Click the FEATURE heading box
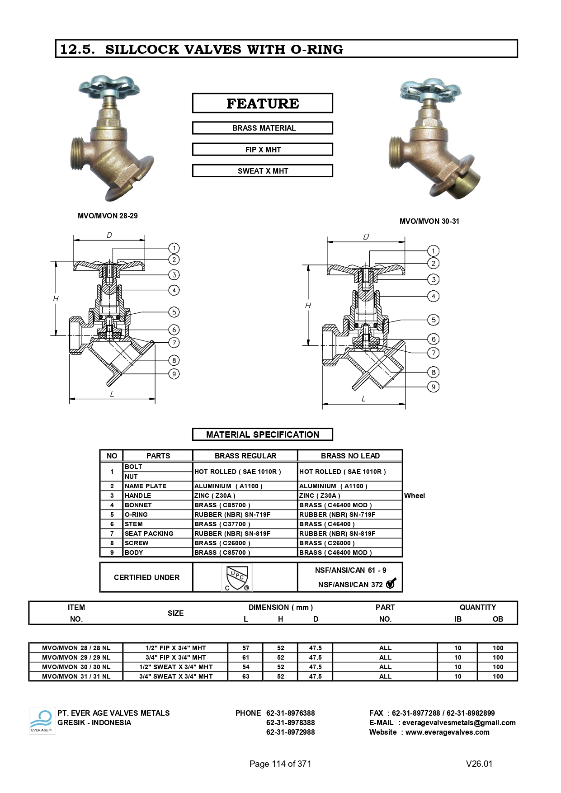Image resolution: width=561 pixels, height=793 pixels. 262,103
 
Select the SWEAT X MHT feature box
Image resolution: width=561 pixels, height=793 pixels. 262,171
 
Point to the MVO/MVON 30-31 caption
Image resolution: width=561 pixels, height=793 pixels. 429,221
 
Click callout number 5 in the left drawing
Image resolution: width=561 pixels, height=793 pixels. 174,312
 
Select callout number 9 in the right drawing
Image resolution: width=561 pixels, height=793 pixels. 433,387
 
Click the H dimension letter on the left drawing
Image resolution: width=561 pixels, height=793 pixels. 56,298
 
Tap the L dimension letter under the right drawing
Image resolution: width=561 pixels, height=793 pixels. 363,399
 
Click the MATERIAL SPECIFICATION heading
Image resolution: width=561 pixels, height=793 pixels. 262,434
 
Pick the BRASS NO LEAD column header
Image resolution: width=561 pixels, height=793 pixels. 350,456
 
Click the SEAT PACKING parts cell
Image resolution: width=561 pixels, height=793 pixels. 149,533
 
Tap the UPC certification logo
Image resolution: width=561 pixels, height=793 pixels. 237,577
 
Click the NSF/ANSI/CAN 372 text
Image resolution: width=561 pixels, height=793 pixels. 350,585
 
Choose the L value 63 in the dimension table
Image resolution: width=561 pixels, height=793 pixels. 245,676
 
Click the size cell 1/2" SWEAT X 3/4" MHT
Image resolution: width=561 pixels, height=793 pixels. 175,667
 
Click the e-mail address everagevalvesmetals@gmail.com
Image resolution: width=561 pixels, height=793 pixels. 458,722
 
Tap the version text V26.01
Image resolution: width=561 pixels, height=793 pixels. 479,764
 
